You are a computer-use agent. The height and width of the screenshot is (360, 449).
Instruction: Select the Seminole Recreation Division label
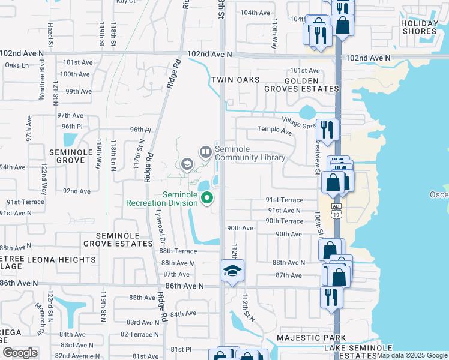[x=162, y=199]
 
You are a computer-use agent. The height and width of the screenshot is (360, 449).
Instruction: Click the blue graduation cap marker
[x=232, y=271]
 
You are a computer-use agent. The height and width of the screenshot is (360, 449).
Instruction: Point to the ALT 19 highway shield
[x=336, y=209]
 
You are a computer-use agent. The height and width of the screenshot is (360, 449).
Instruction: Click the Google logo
[x=20, y=353]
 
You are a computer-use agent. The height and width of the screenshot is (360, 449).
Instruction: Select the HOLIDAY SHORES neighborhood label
[x=419, y=27]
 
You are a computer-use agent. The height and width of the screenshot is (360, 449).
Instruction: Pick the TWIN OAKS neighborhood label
[x=235, y=80]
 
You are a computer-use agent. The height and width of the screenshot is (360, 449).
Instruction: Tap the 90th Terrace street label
[x=285, y=221]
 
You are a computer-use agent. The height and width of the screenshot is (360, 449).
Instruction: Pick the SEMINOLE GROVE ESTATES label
[x=118, y=239]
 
